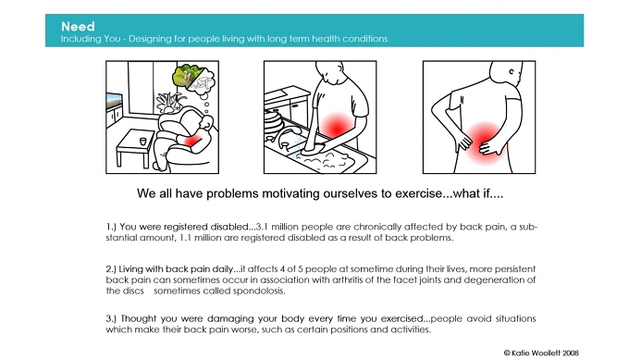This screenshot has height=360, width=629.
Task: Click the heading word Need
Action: click(x=78, y=27)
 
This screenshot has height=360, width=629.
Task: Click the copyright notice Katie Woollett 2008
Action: click(x=541, y=354)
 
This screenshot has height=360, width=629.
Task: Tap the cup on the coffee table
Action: click(x=143, y=142)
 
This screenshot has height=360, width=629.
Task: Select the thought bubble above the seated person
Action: click(x=193, y=81)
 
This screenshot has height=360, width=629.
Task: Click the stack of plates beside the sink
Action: click(x=273, y=123)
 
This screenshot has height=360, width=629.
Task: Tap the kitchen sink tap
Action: click(x=288, y=136)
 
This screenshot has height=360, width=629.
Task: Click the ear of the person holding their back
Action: click(x=512, y=72)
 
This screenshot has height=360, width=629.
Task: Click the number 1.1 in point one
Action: click(x=184, y=238)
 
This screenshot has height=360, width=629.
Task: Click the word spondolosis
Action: click(x=259, y=291)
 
